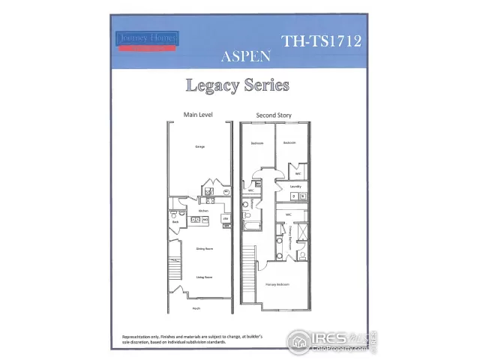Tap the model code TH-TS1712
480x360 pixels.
coord(321,41)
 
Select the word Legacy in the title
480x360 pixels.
coord(211,85)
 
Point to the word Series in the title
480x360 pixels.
coord(266,85)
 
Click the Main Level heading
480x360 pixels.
coord(197,115)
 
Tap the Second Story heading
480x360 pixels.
coord(274,115)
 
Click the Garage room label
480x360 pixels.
coord(200,146)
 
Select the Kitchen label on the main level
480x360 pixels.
coord(202,211)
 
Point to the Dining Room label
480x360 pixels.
coord(202,248)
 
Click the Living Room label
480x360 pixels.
coord(201,277)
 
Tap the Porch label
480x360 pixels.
coord(196,307)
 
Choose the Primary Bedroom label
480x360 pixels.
coord(277,285)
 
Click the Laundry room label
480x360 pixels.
coord(295,187)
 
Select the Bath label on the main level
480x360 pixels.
coord(175,222)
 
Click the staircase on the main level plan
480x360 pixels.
coord(174,267)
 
